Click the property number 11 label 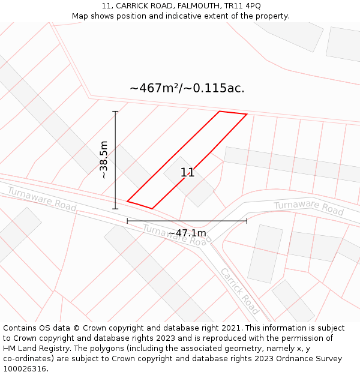(187, 173)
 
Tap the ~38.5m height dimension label (104, 160)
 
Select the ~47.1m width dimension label (187, 233)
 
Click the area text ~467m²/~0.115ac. (187, 88)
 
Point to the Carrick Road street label (239, 291)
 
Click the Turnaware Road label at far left (41, 198)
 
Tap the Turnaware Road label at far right (308, 208)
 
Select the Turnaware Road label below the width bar (177, 235)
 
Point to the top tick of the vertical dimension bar (115, 112)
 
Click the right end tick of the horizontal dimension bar (247, 221)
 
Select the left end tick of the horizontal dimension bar (127, 221)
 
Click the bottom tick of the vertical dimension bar (115, 209)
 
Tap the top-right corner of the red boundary (247, 114)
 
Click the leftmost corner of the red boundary (127, 202)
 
